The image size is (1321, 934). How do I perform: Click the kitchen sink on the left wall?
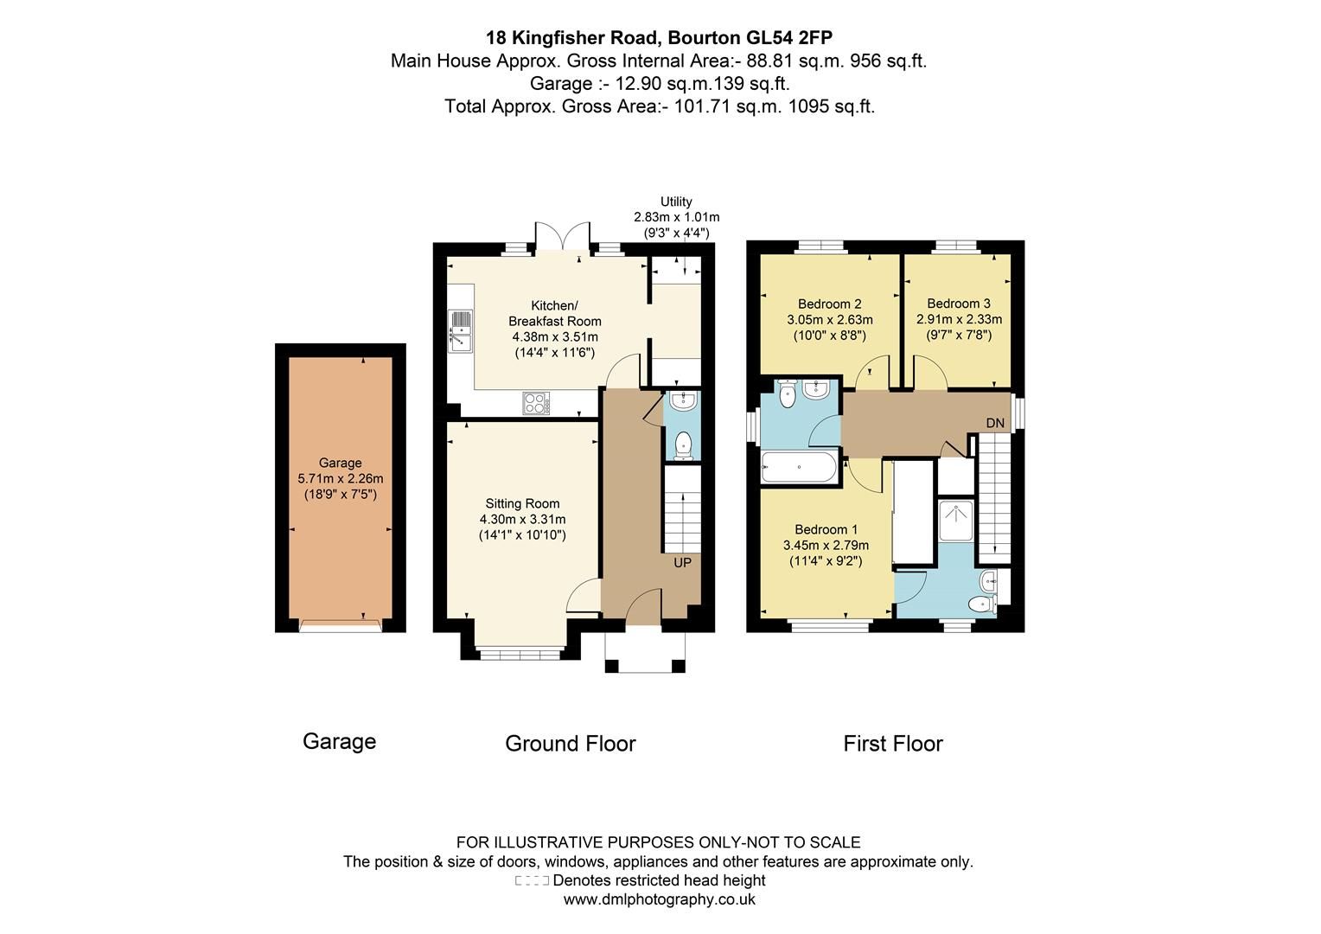[x=460, y=332]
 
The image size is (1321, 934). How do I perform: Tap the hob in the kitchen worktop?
[x=535, y=403]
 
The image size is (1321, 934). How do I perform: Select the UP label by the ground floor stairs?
[x=682, y=563]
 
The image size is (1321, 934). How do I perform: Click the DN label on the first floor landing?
[x=995, y=423]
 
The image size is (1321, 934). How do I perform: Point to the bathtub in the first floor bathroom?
[x=798, y=468]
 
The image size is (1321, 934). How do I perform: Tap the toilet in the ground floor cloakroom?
[x=683, y=445]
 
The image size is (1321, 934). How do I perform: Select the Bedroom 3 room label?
[x=958, y=304]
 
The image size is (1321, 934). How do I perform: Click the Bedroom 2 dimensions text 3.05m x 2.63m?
[x=829, y=320]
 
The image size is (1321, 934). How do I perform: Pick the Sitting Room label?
[x=522, y=503]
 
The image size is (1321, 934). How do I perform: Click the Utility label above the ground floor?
[x=676, y=202]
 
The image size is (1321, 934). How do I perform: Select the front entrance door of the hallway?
[x=643, y=606]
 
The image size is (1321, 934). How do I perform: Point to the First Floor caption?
[x=892, y=744]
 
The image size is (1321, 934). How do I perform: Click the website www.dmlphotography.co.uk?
[x=659, y=899]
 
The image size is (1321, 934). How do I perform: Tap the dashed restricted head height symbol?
[x=532, y=881]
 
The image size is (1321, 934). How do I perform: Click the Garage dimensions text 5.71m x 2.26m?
[x=340, y=478]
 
